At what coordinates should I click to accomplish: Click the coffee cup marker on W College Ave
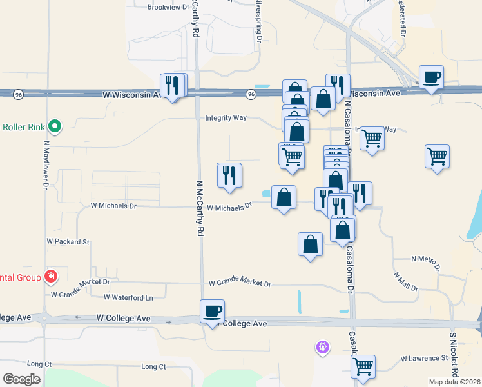coord(213,312)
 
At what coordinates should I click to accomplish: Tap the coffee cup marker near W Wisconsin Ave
coord(431,78)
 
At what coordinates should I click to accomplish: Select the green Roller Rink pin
coord(55,126)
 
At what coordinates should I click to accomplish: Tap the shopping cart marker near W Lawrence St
coord(363,367)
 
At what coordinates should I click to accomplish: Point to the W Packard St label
coord(68,241)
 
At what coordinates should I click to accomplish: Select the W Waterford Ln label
coord(129,297)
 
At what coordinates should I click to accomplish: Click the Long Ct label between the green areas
coord(153,366)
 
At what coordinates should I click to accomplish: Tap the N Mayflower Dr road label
coord(46,166)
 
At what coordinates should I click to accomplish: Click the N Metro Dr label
coord(426,261)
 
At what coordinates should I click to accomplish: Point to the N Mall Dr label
coord(406,281)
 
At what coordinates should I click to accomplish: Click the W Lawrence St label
coord(424,358)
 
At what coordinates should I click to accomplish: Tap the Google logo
coord(21,379)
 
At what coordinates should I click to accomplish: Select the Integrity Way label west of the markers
coord(226,118)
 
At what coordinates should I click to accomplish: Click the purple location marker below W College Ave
coord(323,348)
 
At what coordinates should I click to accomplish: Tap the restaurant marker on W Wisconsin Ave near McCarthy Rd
coord(172,85)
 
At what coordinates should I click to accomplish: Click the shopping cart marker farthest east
coord(438,157)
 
